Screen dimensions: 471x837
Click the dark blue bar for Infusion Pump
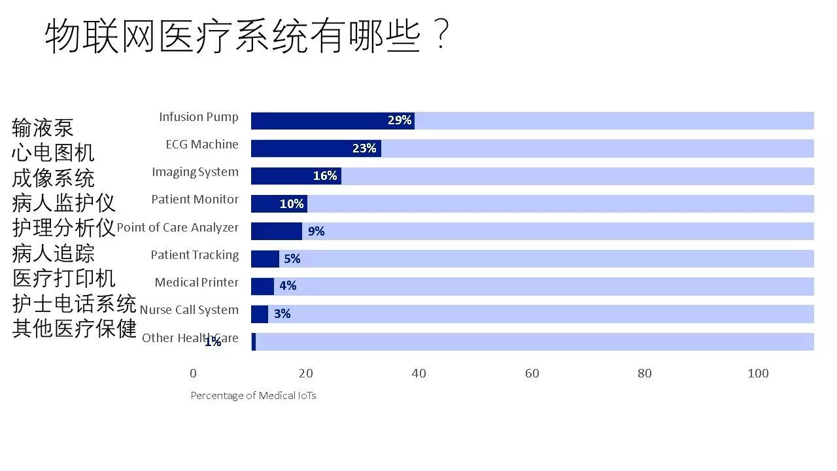point(332,120)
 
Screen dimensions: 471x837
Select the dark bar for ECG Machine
point(316,148)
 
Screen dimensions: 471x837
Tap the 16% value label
point(325,176)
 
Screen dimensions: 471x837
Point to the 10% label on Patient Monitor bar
point(292,203)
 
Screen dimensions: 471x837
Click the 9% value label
point(316,231)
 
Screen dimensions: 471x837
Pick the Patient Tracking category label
point(195,255)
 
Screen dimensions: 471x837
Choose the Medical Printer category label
point(197,283)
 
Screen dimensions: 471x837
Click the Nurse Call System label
point(189,310)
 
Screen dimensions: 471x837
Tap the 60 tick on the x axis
point(532,374)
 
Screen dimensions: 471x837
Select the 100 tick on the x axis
point(758,374)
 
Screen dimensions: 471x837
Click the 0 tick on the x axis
point(193,374)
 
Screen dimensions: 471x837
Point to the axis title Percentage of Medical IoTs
point(253,396)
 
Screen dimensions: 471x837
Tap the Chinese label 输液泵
point(43,127)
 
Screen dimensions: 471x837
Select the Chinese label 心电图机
point(53,152)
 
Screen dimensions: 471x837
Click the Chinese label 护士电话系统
point(74,304)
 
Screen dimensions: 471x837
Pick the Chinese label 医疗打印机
point(63,278)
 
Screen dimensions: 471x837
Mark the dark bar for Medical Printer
point(262,287)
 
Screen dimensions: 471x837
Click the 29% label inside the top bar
point(400,120)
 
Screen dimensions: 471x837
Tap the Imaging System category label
point(195,172)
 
